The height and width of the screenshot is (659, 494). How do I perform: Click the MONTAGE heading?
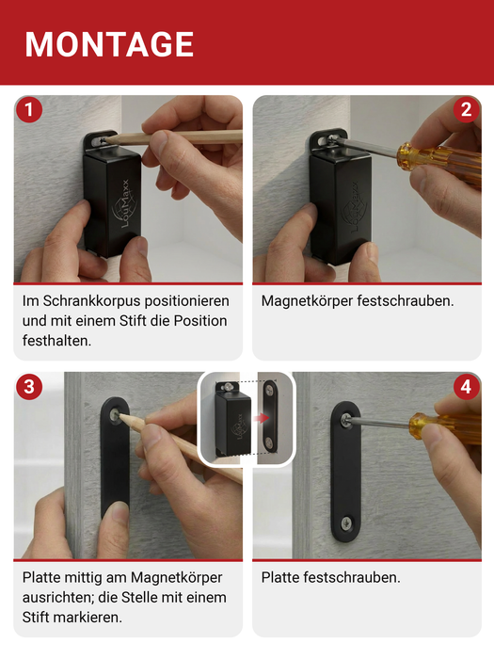(x=110, y=44)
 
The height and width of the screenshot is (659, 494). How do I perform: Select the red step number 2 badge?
(x=465, y=111)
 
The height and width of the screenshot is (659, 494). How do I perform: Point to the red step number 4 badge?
(x=465, y=387)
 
